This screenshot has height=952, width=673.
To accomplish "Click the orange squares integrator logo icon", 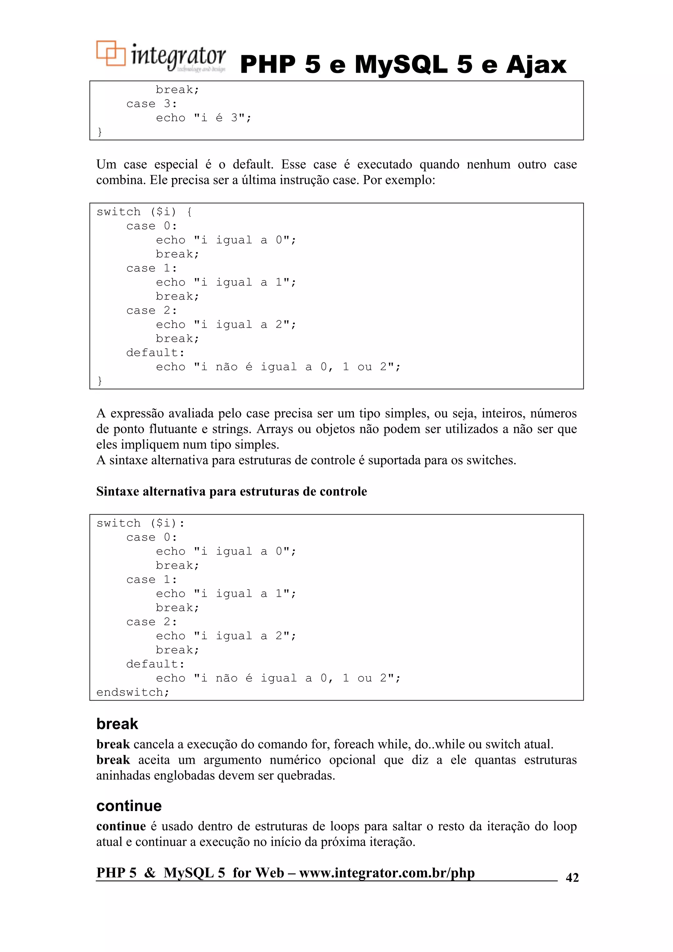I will pyautogui.click(x=110, y=54).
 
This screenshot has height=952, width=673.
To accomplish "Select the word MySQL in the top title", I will pyautogui.click(x=401, y=65).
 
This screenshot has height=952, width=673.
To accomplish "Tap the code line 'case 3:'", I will pyautogui.click(x=152, y=104).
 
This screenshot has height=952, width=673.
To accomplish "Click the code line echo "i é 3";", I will pyautogui.click(x=203, y=118).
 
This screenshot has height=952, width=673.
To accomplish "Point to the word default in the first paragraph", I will pyautogui.click(x=252, y=165).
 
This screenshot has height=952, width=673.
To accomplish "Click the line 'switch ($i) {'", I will pyautogui.click(x=144, y=212).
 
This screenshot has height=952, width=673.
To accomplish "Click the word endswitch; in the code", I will pyautogui.click(x=133, y=692).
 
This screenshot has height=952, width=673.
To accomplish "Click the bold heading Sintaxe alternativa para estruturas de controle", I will pyautogui.click(x=231, y=492).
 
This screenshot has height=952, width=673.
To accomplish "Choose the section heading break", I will pyautogui.click(x=117, y=724).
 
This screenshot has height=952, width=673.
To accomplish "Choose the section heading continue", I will pyautogui.click(x=129, y=806).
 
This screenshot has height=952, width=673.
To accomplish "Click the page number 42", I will pyautogui.click(x=572, y=878).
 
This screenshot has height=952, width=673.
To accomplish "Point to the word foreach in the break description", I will pyautogui.click(x=352, y=745).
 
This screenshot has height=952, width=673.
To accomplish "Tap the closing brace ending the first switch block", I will pyautogui.click(x=100, y=381).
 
